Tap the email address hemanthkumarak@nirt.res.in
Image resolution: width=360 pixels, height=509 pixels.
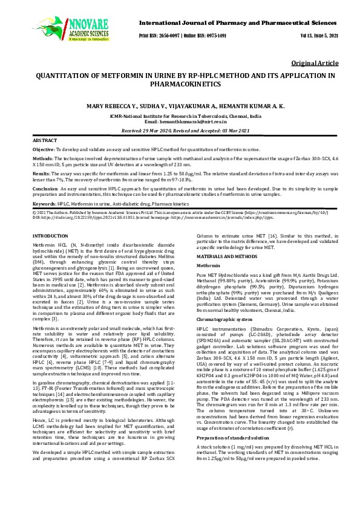[x=188, y=121]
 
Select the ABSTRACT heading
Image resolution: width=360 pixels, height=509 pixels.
[x=44, y=140]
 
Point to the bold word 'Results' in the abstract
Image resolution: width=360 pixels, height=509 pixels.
[x=41, y=172]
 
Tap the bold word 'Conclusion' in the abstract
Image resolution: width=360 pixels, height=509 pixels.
[x=45, y=188]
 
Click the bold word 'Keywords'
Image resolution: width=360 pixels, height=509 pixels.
[x=44, y=204]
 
